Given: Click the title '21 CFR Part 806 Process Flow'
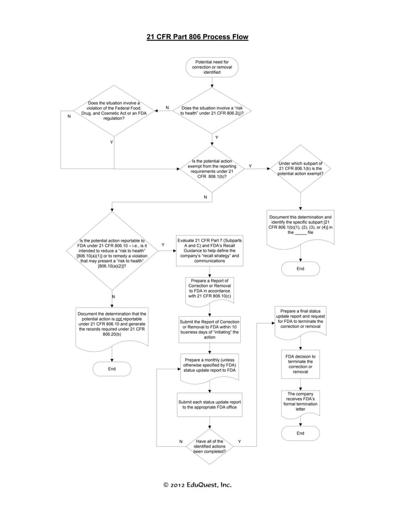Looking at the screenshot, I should click(197, 37).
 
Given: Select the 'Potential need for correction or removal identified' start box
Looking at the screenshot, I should click(212, 67).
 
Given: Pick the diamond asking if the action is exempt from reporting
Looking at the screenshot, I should click(212, 169).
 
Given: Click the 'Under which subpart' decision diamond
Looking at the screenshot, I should click(300, 169).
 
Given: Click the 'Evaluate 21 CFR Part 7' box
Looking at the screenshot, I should click(209, 250).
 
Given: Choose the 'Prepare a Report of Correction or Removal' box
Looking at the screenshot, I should click(210, 289).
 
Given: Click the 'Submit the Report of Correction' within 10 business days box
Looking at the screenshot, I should click(209, 329).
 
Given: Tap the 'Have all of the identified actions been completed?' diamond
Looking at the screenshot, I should click(210, 446).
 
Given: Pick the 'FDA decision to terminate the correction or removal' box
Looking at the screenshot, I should click(300, 364).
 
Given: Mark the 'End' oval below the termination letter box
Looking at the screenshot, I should click(300, 433).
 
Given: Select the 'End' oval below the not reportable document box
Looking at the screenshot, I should click(111, 369).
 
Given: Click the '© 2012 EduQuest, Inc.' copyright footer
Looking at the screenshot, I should click(197, 485).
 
